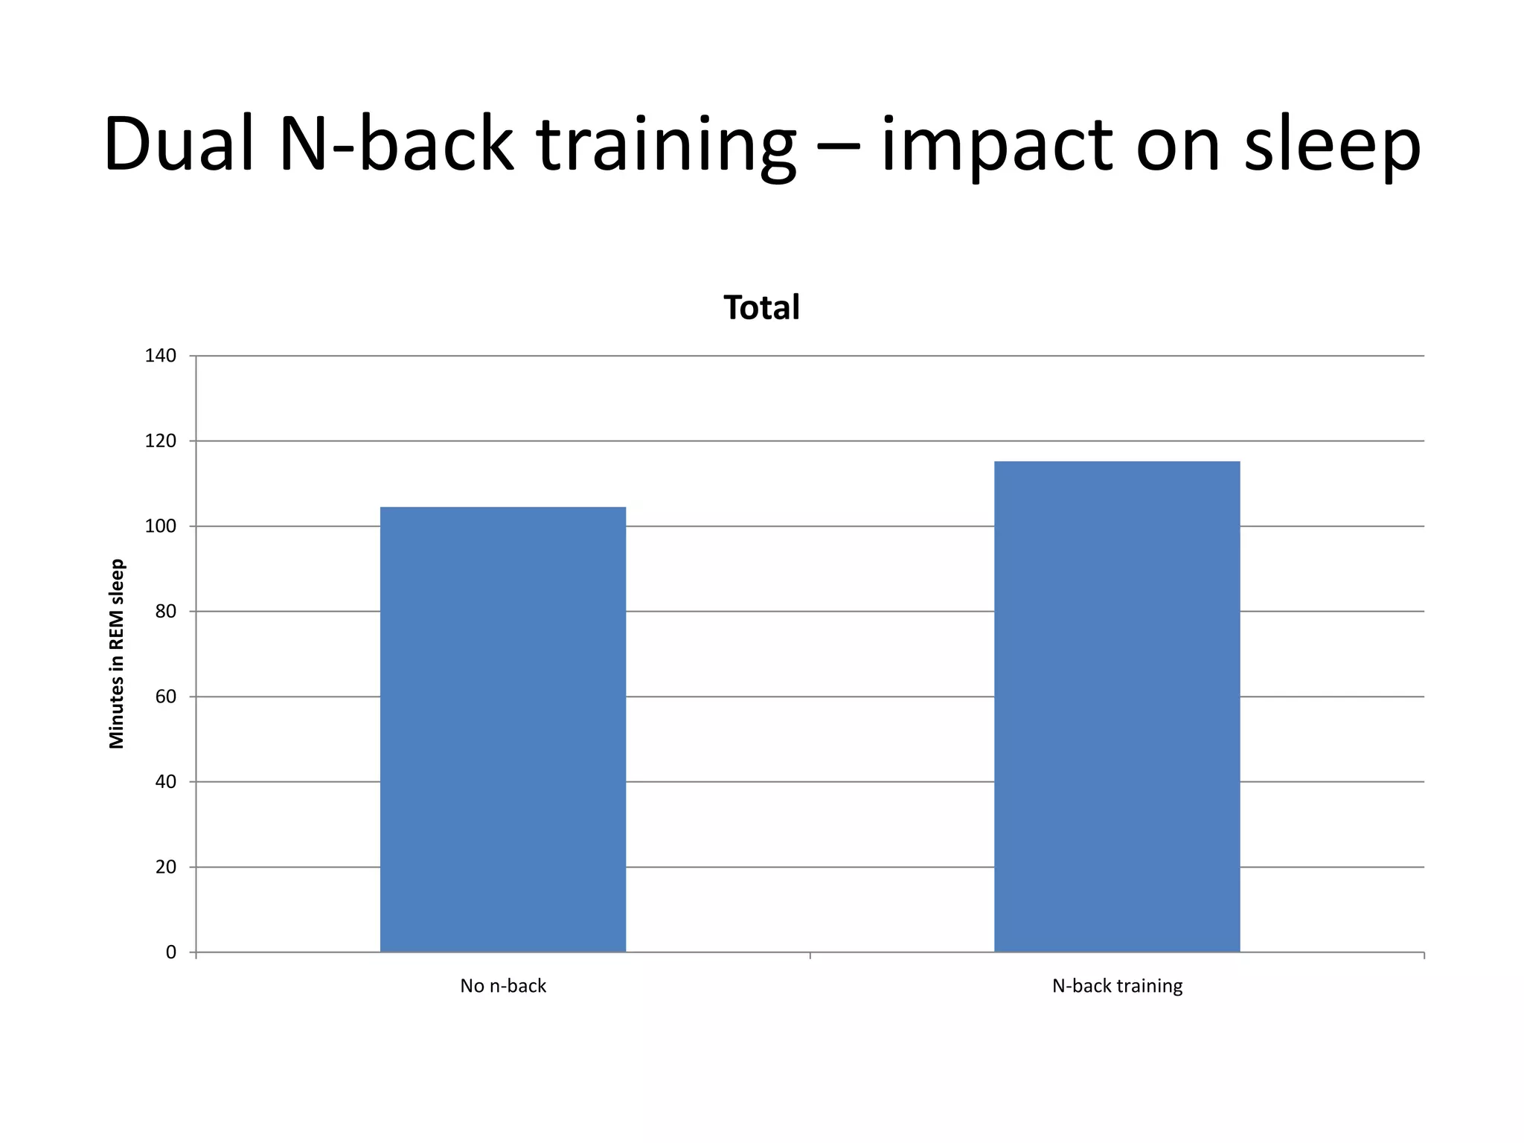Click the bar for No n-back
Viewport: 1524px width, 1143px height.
pyautogui.click(x=503, y=729)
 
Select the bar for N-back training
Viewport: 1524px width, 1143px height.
pyautogui.click(x=1117, y=707)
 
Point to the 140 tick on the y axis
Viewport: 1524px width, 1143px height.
pyautogui.click(x=161, y=356)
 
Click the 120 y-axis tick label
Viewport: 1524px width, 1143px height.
pyautogui.click(x=161, y=441)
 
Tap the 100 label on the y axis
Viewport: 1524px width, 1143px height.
pyautogui.click(x=161, y=526)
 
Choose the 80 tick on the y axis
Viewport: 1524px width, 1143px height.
pyautogui.click(x=166, y=612)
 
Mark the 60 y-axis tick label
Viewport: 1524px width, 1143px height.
pyautogui.click(x=166, y=697)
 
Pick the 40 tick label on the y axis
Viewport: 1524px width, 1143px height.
pyautogui.click(x=166, y=781)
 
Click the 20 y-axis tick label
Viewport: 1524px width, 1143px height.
pyautogui.click(x=166, y=867)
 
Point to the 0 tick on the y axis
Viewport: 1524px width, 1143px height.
pyautogui.click(x=171, y=952)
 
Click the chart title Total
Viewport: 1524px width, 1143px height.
pyautogui.click(x=761, y=307)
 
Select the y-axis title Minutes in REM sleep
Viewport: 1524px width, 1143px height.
pyautogui.click(x=117, y=653)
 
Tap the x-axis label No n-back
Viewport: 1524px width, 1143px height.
pyautogui.click(x=503, y=986)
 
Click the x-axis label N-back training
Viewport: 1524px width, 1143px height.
pyautogui.click(x=1117, y=986)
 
